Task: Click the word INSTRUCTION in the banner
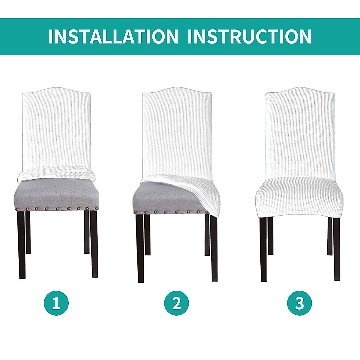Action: [x=249, y=37]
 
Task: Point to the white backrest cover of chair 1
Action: [x=56, y=129]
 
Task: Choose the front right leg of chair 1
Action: [x=94, y=243]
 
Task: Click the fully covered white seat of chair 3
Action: [x=299, y=198]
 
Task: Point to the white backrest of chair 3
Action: [x=300, y=132]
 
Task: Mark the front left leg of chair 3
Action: [x=263, y=249]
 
